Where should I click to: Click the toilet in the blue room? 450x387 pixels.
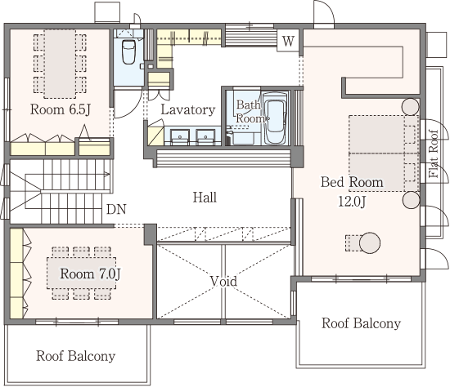(x=128, y=51)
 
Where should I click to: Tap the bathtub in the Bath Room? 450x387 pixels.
(x=275, y=118)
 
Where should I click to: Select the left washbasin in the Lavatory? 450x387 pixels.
(x=180, y=137)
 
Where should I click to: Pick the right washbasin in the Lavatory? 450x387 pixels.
(x=205, y=137)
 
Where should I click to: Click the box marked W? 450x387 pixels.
(x=288, y=41)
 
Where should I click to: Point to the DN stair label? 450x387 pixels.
(x=116, y=209)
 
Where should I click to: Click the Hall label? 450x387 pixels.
(x=205, y=198)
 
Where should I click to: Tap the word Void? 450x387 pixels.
(x=223, y=281)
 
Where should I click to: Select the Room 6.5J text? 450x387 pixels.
(x=61, y=109)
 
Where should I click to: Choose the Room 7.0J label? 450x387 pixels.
(x=90, y=274)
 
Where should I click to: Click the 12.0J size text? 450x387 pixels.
(x=352, y=202)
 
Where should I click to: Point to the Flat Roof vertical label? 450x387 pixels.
(x=434, y=153)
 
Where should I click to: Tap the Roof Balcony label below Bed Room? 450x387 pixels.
(x=361, y=323)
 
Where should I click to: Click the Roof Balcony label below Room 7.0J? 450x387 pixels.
(x=76, y=356)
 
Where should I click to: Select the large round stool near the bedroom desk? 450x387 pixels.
(x=370, y=243)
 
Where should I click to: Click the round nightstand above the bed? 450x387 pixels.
(x=411, y=107)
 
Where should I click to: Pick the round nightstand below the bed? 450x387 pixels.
(x=411, y=200)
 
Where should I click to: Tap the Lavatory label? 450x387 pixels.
(x=188, y=109)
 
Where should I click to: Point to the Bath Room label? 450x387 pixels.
(x=250, y=111)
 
